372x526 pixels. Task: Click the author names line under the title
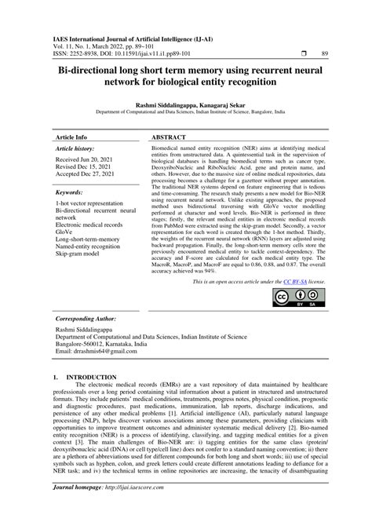tap(186, 102)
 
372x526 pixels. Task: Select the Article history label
tap(75, 148)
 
